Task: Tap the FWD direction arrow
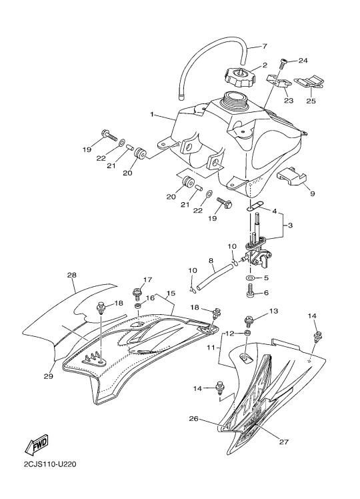click(37, 444)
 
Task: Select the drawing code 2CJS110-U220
click(50, 464)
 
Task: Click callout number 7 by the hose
click(264, 46)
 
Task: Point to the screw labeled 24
click(283, 63)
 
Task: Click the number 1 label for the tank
click(152, 114)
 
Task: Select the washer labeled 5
click(251, 278)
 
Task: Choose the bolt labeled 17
click(138, 294)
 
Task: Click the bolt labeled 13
click(249, 321)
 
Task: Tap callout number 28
click(72, 275)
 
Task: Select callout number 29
click(49, 376)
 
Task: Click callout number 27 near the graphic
click(284, 442)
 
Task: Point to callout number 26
click(193, 418)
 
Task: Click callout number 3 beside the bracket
click(290, 225)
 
